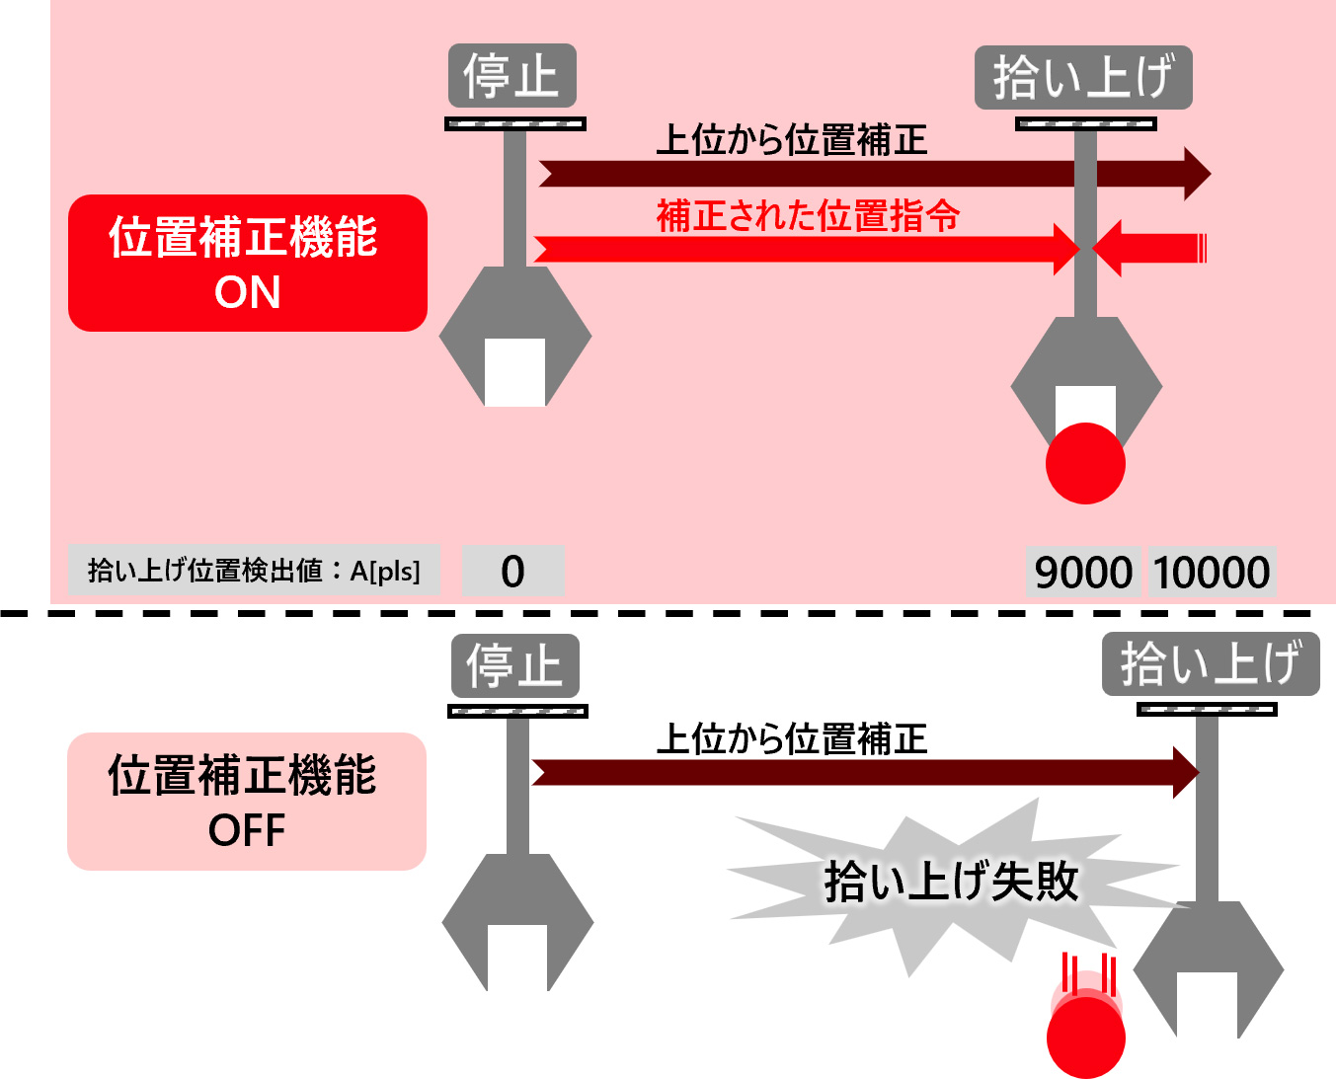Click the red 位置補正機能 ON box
pos(247,263)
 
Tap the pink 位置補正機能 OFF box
pos(246,801)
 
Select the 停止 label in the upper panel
pos(511,76)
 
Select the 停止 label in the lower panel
pos(514,665)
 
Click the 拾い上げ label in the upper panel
pos(1083,77)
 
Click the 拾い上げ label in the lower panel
pos(1210,663)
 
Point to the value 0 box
pos(512,571)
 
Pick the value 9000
pos(1083,572)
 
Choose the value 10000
pos(1212,572)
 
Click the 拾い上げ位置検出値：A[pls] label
pos(254,571)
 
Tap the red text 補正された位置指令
pos(808,215)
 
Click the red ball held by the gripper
pos(1085,463)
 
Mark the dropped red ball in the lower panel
pos(1085,1037)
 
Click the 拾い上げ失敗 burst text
pos(951,881)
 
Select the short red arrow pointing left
pos(1150,248)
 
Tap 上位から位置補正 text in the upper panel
pos(792,140)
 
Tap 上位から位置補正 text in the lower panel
pos(792,738)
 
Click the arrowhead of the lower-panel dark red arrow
pos(1185,772)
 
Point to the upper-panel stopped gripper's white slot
pos(514,372)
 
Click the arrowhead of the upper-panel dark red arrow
pos(1196,174)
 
